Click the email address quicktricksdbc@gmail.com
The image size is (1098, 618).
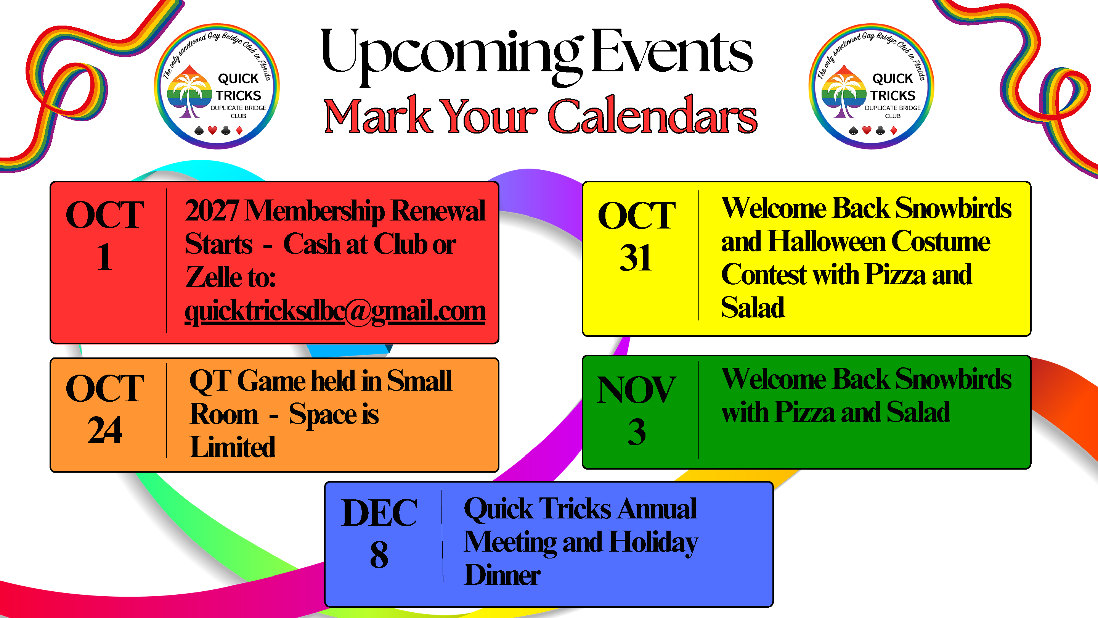click(x=335, y=311)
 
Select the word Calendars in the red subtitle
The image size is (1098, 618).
click(x=653, y=116)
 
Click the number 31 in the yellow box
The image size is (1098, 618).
click(x=636, y=258)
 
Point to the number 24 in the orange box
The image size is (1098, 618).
click(x=105, y=430)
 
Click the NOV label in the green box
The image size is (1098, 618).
click(x=636, y=390)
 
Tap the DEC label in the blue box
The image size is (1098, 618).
click(x=379, y=513)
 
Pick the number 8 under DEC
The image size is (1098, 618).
click(x=379, y=555)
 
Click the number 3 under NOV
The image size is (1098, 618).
click(x=637, y=432)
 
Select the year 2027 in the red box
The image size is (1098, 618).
click(x=212, y=211)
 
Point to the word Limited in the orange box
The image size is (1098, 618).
click(x=233, y=447)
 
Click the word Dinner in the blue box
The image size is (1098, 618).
click(x=502, y=575)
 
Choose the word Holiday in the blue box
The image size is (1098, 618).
click(x=654, y=543)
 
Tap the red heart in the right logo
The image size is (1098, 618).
click(x=867, y=130)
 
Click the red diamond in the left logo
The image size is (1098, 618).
click(x=239, y=130)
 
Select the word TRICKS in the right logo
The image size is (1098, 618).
click(x=893, y=95)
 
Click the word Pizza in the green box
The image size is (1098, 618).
click(x=805, y=412)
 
